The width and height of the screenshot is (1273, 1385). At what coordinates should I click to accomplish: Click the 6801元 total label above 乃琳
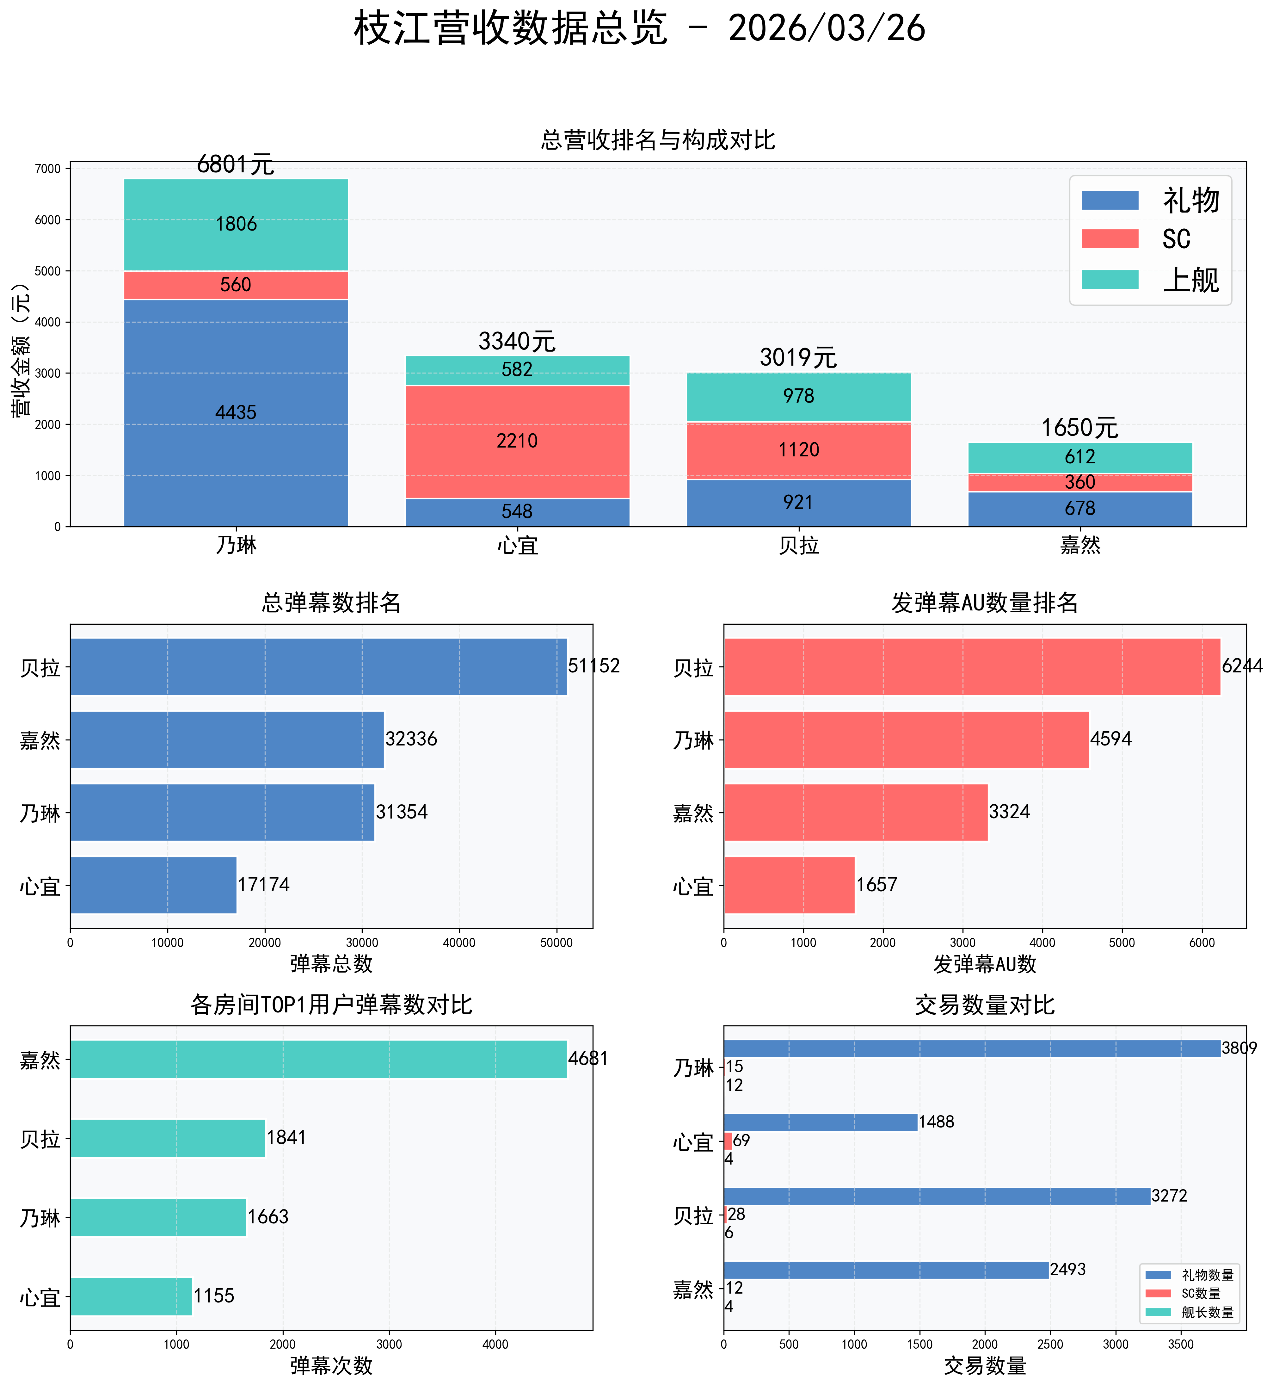(236, 165)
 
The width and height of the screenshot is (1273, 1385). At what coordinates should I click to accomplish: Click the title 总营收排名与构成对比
(658, 140)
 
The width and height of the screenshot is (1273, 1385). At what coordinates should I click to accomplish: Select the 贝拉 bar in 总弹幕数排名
(318, 666)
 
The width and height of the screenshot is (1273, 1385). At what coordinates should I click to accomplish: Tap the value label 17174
(264, 885)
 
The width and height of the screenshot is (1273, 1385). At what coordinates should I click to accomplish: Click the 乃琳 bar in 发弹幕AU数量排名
(906, 739)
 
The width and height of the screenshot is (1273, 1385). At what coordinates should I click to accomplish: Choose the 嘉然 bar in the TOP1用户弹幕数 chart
(318, 1059)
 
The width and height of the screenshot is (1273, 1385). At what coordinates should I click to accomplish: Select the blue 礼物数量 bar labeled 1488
(820, 1122)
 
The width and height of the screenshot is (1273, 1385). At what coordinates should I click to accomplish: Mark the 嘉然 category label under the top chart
(1079, 545)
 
